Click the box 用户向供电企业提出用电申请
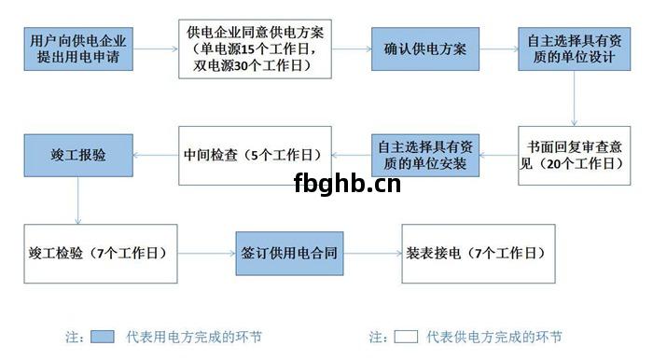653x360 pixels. pyautogui.click(x=78, y=49)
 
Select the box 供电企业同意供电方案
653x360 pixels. pyautogui.click(x=256, y=49)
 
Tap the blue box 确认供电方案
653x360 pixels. pyautogui.click(x=425, y=49)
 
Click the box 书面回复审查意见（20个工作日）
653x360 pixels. pyautogui.click(x=572, y=155)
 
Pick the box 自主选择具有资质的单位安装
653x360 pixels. pyautogui.click(x=427, y=155)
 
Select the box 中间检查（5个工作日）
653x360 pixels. pyautogui.click(x=255, y=155)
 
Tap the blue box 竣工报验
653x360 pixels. pyautogui.click(x=78, y=155)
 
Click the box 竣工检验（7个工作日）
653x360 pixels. pyautogui.click(x=98, y=253)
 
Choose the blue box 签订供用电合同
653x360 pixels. pyautogui.click(x=283, y=253)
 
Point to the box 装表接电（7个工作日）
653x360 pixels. pyautogui.click(x=475, y=253)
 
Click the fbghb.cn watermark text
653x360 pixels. pyautogui.click(x=346, y=183)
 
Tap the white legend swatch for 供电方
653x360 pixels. pyautogui.click(x=405, y=337)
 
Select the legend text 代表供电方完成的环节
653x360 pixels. pyautogui.click(x=493, y=337)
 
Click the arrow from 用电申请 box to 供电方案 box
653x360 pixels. pyautogui.click(x=155, y=49)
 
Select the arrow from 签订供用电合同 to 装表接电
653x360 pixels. pyautogui.click(x=365, y=253)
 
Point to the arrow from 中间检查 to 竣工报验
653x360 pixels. pyautogui.click(x=155, y=155)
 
